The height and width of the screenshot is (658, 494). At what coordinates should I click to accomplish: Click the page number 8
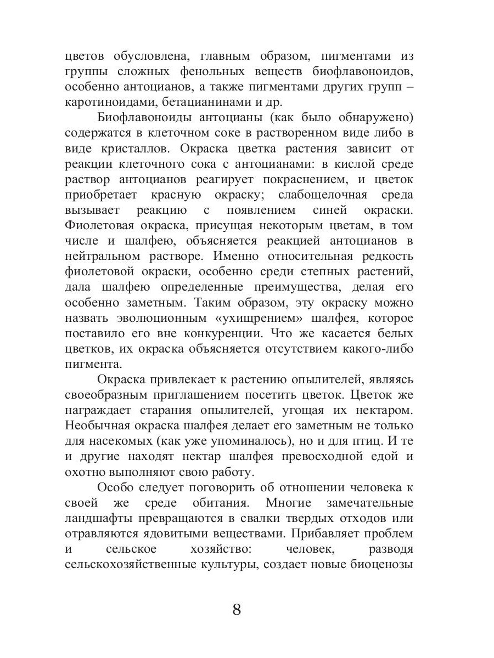point(237,610)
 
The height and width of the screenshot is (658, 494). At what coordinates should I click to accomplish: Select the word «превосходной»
point(308,456)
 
